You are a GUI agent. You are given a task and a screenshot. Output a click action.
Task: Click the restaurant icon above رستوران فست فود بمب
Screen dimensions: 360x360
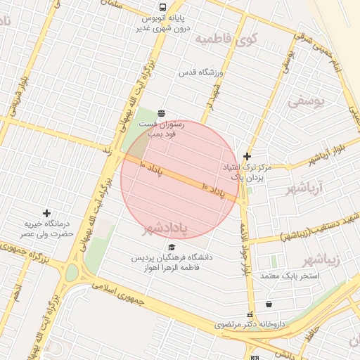coord(162,112)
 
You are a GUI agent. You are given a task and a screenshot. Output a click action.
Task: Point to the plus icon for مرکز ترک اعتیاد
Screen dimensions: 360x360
coord(247,156)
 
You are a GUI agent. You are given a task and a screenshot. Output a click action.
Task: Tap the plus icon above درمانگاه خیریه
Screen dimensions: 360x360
coord(47,212)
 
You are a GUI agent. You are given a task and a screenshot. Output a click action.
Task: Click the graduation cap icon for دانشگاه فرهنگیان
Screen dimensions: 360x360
coord(172,247)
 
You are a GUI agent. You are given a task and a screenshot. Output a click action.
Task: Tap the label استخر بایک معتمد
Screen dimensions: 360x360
coord(290,276)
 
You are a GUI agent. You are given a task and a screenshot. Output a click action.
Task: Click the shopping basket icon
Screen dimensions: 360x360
coord(269,304)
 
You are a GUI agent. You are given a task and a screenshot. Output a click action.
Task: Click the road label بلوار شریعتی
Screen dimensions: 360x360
coord(15,91)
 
